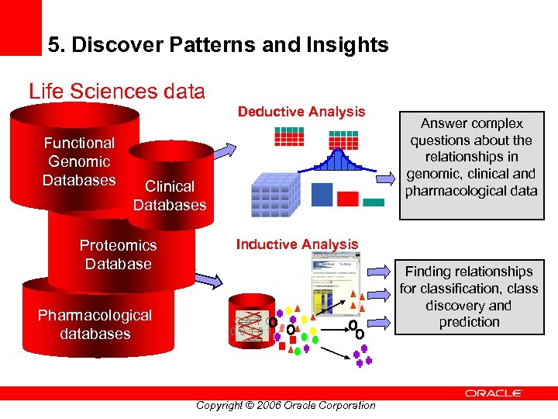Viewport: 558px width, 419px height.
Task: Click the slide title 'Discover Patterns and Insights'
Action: pyautogui.click(x=218, y=45)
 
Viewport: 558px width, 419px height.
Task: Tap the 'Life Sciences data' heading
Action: pyautogui.click(x=117, y=92)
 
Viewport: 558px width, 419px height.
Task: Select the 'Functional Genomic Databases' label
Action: pyautogui.click(x=79, y=161)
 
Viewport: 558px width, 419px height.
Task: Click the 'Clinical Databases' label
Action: pyautogui.click(x=170, y=196)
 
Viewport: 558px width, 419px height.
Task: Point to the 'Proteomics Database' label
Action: pyautogui.click(x=118, y=255)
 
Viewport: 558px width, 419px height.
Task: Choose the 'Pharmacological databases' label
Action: pyautogui.click(x=95, y=324)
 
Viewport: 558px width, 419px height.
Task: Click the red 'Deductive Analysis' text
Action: pyautogui.click(x=301, y=112)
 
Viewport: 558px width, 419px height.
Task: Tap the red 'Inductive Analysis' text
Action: pyautogui.click(x=298, y=244)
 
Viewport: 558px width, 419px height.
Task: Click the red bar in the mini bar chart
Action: pyautogui.click(x=348, y=199)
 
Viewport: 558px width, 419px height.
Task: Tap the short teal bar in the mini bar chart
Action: pyautogui.click(x=374, y=203)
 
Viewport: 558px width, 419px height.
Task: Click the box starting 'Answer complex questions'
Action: pyautogui.click(x=472, y=158)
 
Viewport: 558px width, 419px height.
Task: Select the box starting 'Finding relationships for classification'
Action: pyautogui.click(x=469, y=296)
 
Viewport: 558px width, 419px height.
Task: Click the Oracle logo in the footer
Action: pyautogui.click(x=494, y=393)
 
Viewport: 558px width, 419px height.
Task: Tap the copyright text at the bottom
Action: pyautogui.click(x=286, y=405)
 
